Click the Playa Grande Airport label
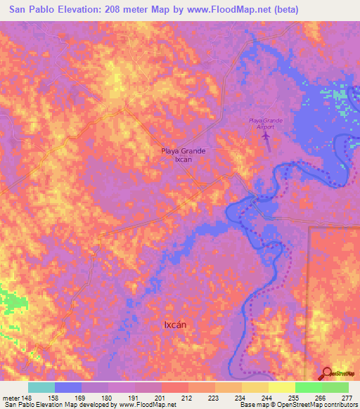click(265, 124)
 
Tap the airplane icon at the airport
click(265, 137)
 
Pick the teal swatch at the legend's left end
click(41, 387)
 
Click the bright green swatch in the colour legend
click(308, 387)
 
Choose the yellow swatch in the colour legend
click(281, 387)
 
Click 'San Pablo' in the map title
click(31, 10)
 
